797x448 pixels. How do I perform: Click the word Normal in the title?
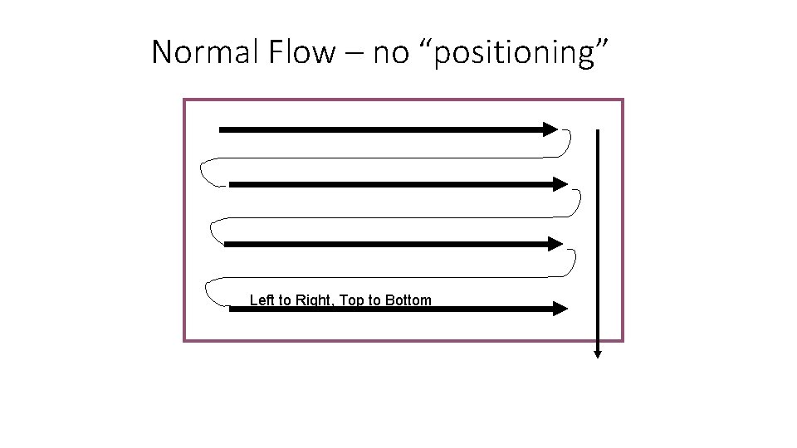[x=205, y=53]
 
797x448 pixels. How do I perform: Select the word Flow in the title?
[x=300, y=53]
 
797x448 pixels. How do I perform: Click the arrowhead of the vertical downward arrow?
[x=598, y=353]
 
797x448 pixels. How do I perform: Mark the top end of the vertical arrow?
[x=598, y=131]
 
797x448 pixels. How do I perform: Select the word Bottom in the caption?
[x=408, y=300]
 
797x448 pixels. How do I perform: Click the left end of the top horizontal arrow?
[x=221, y=129]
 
